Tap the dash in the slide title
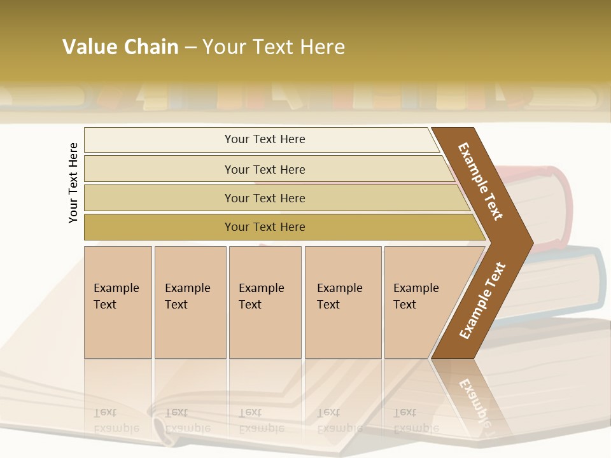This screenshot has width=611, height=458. [x=190, y=48]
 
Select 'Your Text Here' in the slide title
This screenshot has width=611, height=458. [x=274, y=47]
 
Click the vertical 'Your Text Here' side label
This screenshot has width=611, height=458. [x=73, y=183]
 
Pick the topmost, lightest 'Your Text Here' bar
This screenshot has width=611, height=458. [x=264, y=139]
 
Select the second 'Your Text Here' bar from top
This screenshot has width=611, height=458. [x=264, y=169]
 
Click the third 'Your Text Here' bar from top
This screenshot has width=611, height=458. [x=264, y=198]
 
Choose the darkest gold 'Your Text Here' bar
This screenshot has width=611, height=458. [x=264, y=227]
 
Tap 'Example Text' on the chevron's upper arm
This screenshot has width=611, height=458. [x=481, y=181]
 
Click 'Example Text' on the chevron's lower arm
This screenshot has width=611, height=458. [x=482, y=300]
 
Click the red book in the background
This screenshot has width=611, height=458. [x=547, y=204]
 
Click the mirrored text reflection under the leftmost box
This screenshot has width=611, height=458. [x=116, y=420]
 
